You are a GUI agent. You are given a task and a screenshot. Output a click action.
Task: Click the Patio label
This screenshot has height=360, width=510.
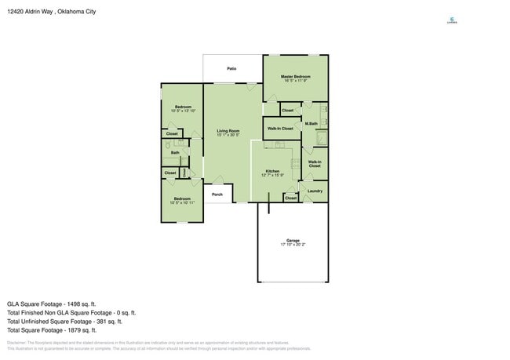232,69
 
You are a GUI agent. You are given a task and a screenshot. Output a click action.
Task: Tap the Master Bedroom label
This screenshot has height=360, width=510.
296,75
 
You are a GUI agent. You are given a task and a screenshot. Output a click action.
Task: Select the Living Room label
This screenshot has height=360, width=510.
228,131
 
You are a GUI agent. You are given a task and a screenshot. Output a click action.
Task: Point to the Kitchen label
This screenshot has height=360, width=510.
272,171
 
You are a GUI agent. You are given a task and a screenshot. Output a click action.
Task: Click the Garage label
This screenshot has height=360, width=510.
293,241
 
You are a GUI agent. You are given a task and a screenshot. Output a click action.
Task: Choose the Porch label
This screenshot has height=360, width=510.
217,195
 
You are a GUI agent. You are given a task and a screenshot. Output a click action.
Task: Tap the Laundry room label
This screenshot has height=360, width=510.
315,191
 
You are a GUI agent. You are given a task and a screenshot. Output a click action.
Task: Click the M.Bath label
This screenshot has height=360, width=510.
311,124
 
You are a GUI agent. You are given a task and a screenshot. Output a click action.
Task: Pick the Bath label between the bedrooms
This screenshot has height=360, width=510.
175,153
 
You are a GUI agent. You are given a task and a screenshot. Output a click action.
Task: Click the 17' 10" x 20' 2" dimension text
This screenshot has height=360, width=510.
293,245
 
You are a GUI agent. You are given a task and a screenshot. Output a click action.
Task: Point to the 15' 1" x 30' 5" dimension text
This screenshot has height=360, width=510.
228,136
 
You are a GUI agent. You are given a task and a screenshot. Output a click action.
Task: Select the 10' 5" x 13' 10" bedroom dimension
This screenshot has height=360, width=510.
183,111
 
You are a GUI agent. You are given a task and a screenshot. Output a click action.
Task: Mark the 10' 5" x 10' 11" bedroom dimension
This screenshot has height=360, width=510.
182,203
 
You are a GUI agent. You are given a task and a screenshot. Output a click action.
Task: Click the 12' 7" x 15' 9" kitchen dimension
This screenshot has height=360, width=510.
272,176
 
